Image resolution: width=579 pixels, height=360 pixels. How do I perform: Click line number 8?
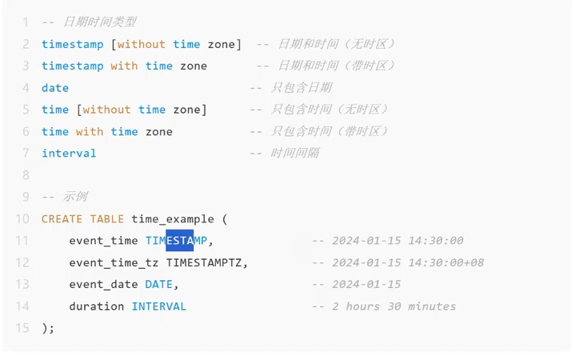tap(24, 175)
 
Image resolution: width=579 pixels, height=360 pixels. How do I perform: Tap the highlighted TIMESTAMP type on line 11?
tap(176, 241)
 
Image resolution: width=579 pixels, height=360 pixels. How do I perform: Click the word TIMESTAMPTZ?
tap(206, 262)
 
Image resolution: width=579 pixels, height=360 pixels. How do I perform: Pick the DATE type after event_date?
tap(159, 284)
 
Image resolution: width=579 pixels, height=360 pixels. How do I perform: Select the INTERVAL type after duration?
tap(158, 306)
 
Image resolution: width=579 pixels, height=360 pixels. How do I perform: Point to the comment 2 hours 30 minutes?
tap(393, 306)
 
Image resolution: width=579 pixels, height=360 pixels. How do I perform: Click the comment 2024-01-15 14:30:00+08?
tap(408, 262)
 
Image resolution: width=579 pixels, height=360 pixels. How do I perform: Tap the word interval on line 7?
tap(69, 153)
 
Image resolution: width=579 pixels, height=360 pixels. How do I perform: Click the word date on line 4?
tap(55, 88)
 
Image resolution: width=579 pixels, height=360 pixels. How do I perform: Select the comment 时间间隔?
tap(295, 153)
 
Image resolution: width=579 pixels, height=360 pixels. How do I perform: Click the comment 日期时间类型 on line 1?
tap(99, 22)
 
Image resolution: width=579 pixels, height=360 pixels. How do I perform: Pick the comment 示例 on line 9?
tap(75, 197)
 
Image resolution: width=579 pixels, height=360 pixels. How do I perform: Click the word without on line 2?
tap(142, 44)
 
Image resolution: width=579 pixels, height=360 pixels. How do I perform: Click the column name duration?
tap(97, 306)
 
